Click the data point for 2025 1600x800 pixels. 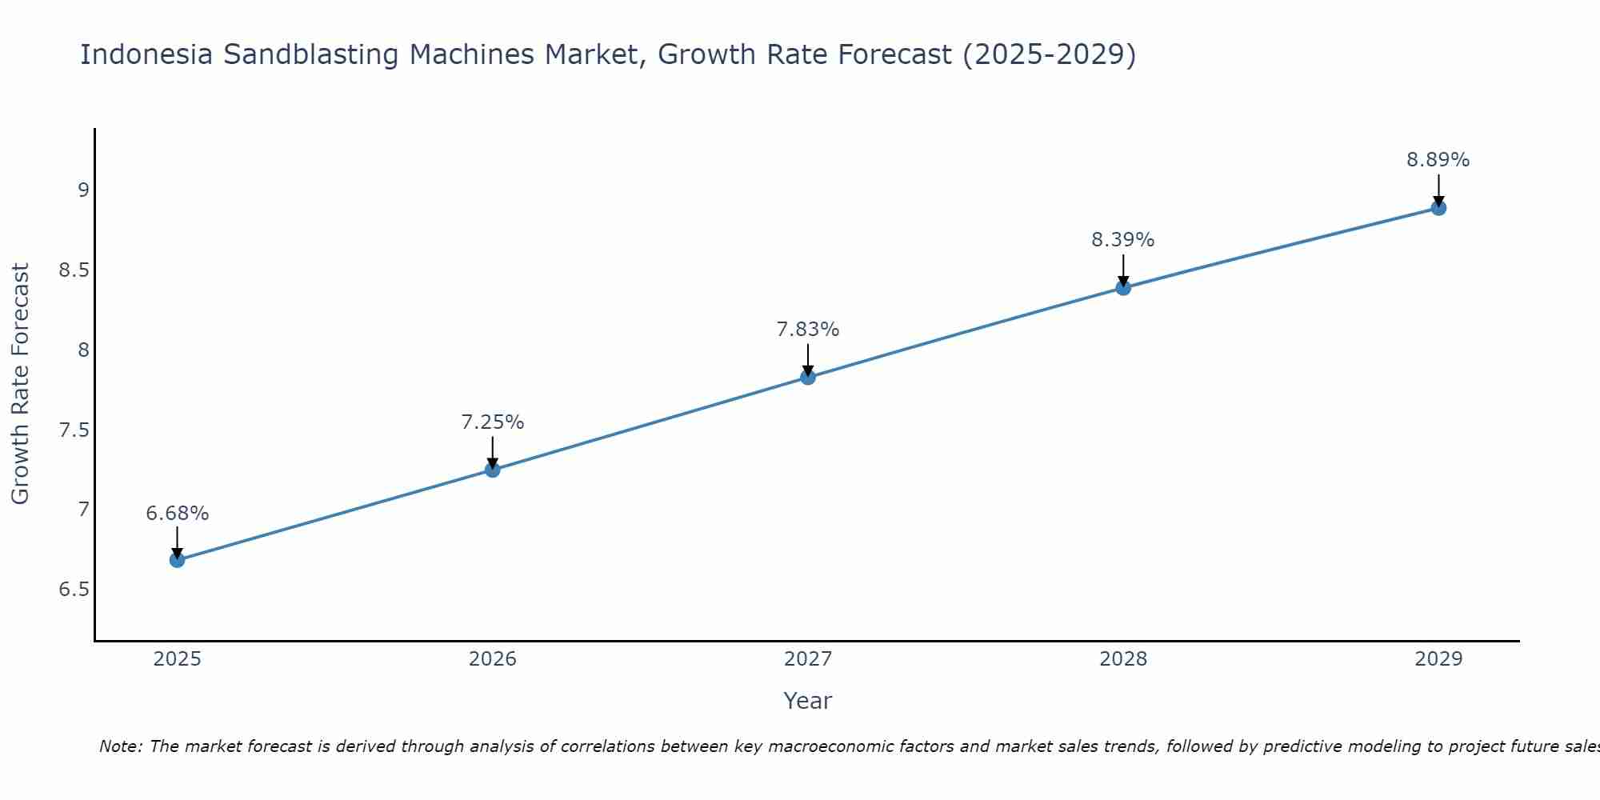tap(178, 560)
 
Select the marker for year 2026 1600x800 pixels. tap(493, 470)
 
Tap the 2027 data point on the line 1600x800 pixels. tap(808, 377)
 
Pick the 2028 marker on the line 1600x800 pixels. tap(1123, 287)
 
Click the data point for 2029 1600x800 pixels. tap(1438, 208)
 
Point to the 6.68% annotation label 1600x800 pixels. tap(178, 514)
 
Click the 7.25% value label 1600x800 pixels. tap(493, 422)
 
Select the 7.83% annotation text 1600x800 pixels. tap(808, 330)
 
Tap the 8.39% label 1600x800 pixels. tap(1123, 240)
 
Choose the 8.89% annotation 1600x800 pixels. tap(1438, 160)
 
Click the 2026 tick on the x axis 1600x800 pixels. tap(493, 659)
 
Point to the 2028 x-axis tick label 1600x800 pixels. tap(1123, 659)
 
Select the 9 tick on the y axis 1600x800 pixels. tap(83, 190)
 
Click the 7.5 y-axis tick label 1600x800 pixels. tap(74, 430)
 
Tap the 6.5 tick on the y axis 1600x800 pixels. tap(74, 590)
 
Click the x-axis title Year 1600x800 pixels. tap(808, 701)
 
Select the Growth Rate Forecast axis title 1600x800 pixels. tap(21, 384)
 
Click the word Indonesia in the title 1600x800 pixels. tap(147, 54)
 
